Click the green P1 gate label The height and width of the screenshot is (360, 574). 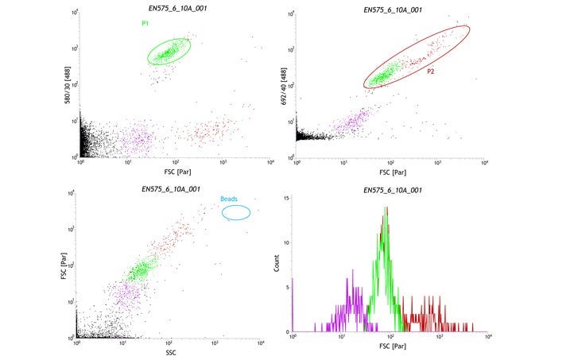145,24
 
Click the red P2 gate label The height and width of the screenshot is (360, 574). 430,72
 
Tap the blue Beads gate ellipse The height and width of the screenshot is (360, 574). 236,212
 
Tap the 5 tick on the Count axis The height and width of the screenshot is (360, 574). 289,287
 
